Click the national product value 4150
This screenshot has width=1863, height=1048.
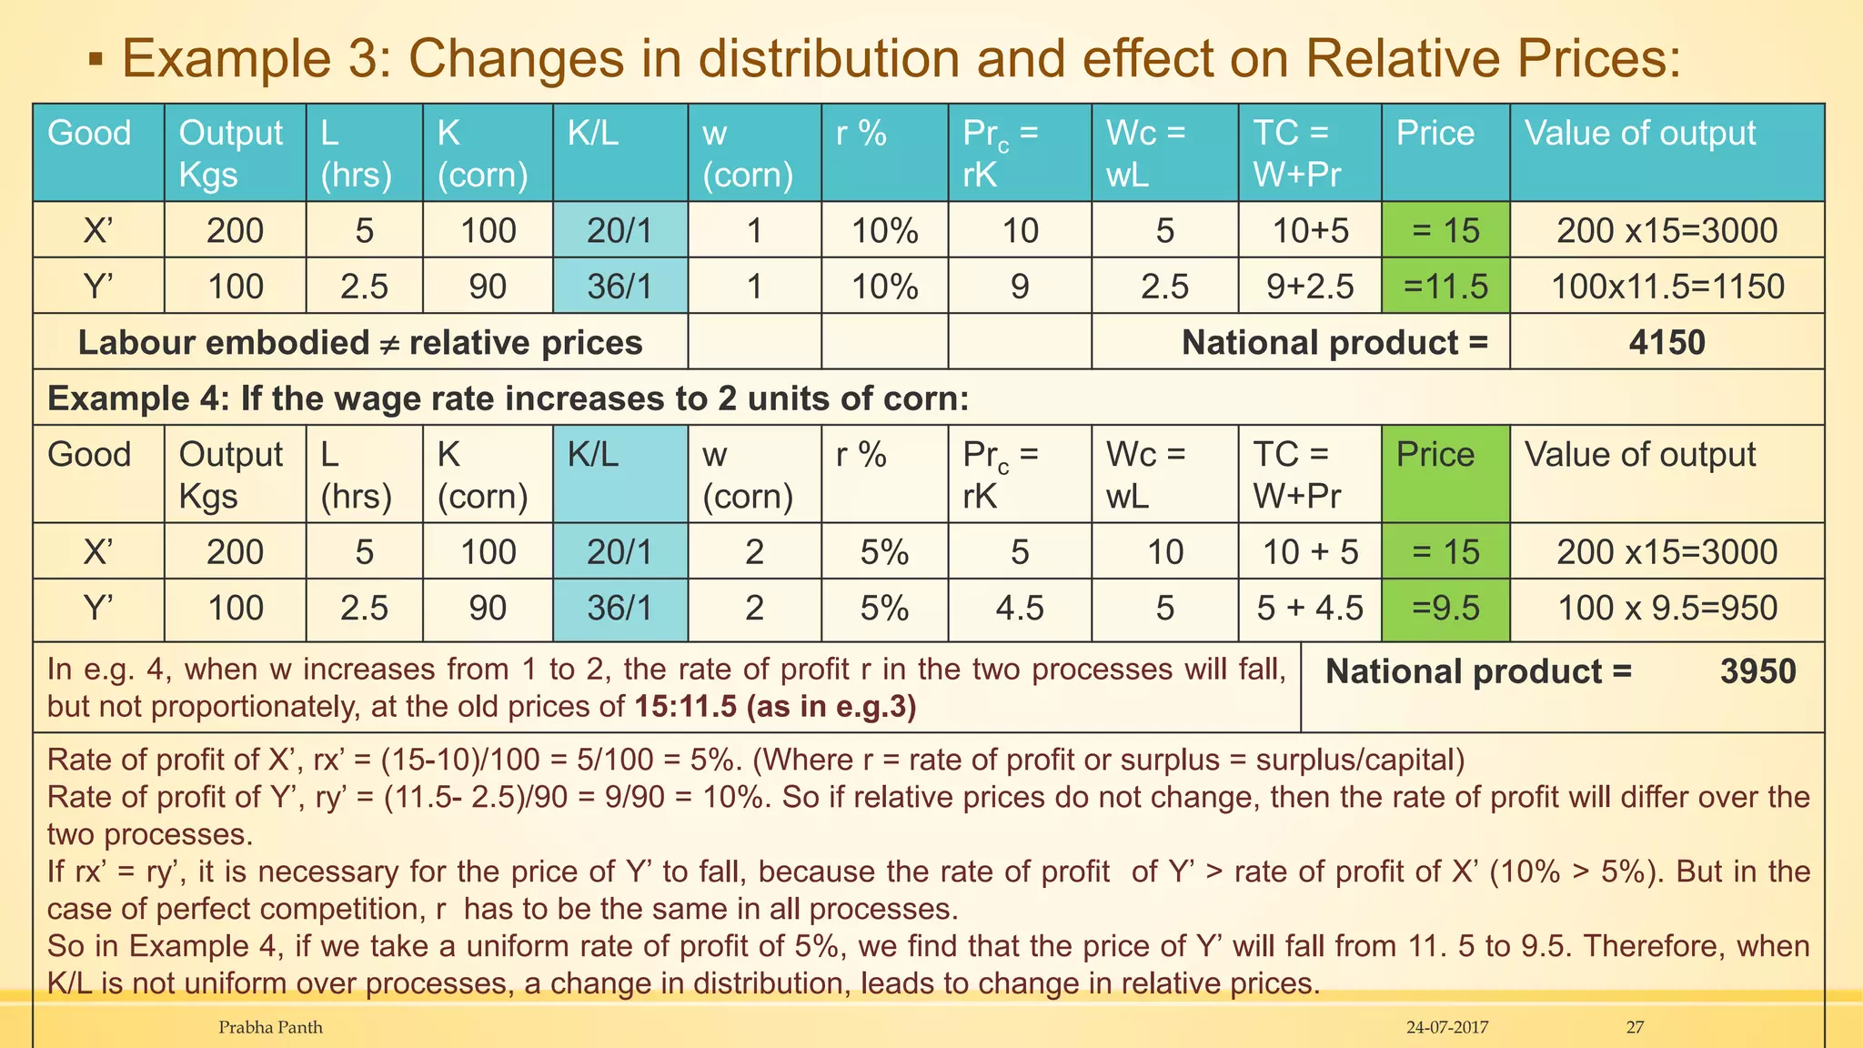pyautogui.click(x=1667, y=343)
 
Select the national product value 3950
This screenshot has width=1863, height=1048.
pyautogui.click(x=1757, y=671)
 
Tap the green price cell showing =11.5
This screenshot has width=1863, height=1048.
pyautogui.click(x=1445, y=287)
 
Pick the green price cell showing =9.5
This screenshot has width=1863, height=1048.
pyautogui.click(x=1445, y=608)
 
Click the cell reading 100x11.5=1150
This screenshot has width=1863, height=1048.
pyautogui.click(x=1667, y=287)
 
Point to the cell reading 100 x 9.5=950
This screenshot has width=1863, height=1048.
pyautogui.click(x=1667, y=608)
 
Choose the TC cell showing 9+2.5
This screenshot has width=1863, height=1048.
pyautogui.click(x=1310, y=287)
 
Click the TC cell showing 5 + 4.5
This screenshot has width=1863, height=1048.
pyautogui.click(x=1310, y=608)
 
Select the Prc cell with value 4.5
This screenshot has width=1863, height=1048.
pyautogui.click(x=1019, y=608)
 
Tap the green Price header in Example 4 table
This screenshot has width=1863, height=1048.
pyautogui.click(x=1435, y=455)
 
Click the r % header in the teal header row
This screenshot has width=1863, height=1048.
pyautogui.click(x=861, y=134)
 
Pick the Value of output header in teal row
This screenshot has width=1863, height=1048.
pyautogui.click(x=1640, y=134)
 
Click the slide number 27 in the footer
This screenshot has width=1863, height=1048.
pyautogui.click(x=1635, y=1027)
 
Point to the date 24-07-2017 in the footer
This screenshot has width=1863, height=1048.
pyautogui.click(x=1447, y=1027)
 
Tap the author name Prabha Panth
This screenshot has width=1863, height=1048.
pyautogui.click(x=270, y=1027)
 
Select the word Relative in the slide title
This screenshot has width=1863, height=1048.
pyautogui.click(x=1413, y=58)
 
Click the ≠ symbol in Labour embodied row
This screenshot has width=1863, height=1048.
pyautogui.click(x=389, y=344)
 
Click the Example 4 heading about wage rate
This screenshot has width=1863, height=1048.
pyautogui.click(x=508, y=398)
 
